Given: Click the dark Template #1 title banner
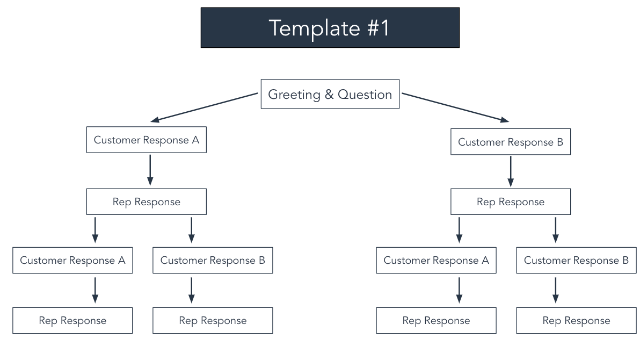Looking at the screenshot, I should tap(330, 27).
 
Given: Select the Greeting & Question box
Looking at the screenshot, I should tap(330, 95).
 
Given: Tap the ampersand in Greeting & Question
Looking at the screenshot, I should tap(329, 95).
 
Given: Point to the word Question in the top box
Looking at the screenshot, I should tap(365, 95).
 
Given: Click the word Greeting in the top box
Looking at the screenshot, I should tap(294, 95).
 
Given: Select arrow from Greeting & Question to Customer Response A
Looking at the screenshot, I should tap(205, 107).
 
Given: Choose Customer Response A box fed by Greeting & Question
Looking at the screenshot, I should tap(146, 140).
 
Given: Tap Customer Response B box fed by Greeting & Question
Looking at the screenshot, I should tap(510, 142).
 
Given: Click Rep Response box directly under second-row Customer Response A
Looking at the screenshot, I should tap(146, 202).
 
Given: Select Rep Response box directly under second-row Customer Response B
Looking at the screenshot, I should tap(510, 202).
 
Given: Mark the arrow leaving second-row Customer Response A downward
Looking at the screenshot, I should tap(150, 169).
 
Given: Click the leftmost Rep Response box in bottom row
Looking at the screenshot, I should tap(72, 321).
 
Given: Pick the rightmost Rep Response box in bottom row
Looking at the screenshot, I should tap(576, 321).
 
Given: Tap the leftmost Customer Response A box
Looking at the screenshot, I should tap(72, 261).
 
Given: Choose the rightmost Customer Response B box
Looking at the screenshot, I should tap(576, 261).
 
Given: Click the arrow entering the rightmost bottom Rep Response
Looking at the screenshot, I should tap(556, 290).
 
